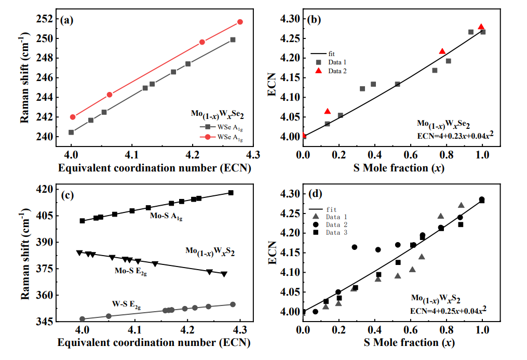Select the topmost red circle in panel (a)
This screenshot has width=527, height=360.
(240, 22)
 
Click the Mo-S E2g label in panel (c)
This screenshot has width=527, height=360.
(130, 271)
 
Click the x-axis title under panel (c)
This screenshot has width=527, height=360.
(154, 343)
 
